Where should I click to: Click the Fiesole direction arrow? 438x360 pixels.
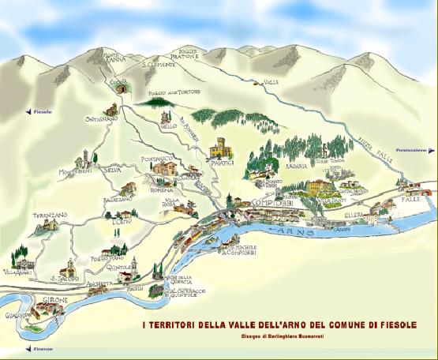[28, 112]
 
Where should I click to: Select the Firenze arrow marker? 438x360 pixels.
[28, 348]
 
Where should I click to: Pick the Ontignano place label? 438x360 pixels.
[101, 119]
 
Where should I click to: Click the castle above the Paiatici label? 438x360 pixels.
[219, 147]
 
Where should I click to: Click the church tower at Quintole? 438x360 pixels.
[134, 264]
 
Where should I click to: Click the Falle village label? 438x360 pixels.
[410, 200]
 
